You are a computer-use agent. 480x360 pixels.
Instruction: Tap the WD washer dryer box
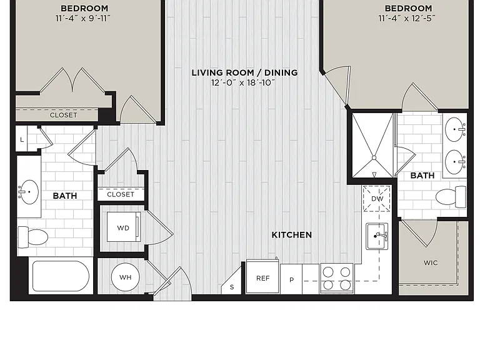pos(124,227)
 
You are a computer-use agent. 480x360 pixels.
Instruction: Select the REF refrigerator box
pos(262,276)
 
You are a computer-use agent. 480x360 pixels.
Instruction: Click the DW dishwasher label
pos(377,199)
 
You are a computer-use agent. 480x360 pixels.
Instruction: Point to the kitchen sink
pos(377,236)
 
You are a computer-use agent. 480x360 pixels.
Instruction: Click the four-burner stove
pos(337,278)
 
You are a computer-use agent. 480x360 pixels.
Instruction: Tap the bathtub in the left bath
pos(61,276)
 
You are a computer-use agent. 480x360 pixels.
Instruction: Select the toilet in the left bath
pos(33,237)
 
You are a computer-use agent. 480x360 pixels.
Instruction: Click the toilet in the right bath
pos(451,197)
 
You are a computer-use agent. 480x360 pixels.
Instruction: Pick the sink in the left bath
pos(29,192)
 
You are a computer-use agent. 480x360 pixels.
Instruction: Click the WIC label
pos(431,262)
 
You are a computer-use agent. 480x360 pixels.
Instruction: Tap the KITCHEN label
pos(292,235)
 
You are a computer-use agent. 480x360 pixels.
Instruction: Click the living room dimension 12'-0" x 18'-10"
pos(243,82)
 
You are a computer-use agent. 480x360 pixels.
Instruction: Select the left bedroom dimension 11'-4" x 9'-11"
pos(82,18)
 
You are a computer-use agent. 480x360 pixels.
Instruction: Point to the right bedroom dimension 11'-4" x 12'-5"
pos(407,18)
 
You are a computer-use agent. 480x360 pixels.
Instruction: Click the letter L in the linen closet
pos(22,139)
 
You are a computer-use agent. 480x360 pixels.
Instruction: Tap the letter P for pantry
pos(291,280)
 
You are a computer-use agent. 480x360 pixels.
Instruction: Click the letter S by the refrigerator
pos(232,287)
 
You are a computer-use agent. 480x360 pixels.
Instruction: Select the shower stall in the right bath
pos(373,146)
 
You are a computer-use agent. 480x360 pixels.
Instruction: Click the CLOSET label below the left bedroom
pos(63,115)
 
